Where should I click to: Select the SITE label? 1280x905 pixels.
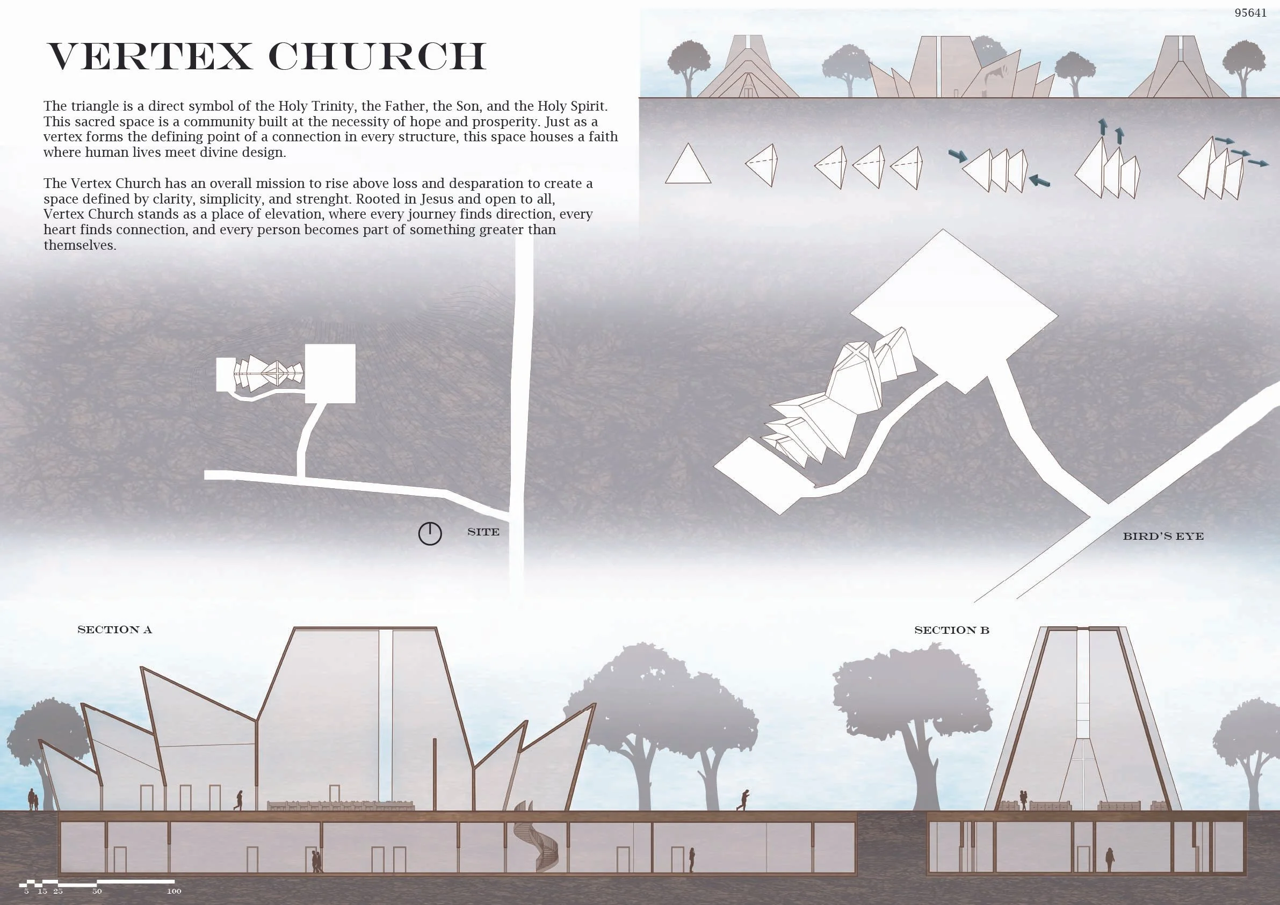point(483,532)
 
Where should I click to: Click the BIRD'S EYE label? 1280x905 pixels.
point(1163,537)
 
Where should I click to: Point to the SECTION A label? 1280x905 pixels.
point(114,629)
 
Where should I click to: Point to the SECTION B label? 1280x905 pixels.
point(952,630)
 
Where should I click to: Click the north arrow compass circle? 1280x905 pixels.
point(430,534)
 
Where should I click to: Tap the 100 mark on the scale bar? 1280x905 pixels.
point(174,891)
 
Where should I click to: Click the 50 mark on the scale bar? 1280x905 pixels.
point(97,891)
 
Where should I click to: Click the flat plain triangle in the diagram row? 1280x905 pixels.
point(688,165)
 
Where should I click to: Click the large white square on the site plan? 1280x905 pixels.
point(330,373)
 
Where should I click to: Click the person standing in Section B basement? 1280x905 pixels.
point(1109,859)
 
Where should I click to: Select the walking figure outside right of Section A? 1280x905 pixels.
point(744,800)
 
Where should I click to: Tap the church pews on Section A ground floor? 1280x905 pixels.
point(340,805)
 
